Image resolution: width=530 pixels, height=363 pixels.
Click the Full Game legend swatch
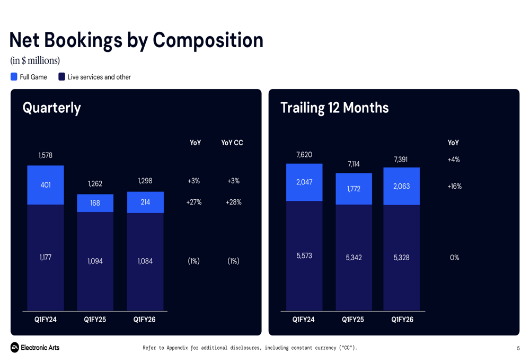pyautogui.click(x=14, y=77)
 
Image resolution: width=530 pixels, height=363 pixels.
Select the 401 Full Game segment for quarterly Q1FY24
pyautogui.click(x=46, y=185)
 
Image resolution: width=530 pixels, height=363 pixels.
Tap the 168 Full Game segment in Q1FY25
pyautogui.click(x=95, y=203)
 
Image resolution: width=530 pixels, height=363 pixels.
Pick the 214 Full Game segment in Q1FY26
pyautogui.click(x=145, y=202)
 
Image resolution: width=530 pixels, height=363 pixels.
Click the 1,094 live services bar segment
pyautogui.click(x=95, y=261)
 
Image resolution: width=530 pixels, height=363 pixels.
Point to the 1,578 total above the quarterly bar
pyautogui.click(x=46, y=155)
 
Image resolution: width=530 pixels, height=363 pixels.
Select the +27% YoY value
pyautogui.click(x=194, y=202)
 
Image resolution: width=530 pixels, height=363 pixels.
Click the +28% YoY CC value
pyautogui.click(x=233, y=202)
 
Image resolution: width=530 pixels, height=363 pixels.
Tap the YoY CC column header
pyautogui.click(x=232, y=143)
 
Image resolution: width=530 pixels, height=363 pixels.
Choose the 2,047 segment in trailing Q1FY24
pyautogui.click(x=304, y=182)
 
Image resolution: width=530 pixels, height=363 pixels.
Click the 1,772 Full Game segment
pyautogui.click(x=354, y=189)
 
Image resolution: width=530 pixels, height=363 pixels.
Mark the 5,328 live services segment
pyautogui.click(x=401, y=258)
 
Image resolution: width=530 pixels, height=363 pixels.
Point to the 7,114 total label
pyautogui.click(x=354, y=164)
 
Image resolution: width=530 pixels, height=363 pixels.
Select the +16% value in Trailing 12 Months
pyautogui.click(x=454, y=186)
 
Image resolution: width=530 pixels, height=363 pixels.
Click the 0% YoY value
pyautogui.click(x=454, y=258)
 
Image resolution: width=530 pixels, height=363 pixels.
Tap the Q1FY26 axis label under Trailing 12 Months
pyautogui.click(x=402, y=320)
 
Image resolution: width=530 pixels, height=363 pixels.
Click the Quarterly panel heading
pyautogui.click(x=52, y=108)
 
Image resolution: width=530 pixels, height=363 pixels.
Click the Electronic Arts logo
pyautogui.click(x=35, y=348)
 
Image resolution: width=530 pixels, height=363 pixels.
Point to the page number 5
pyautogui.click(x=518, y=348)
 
